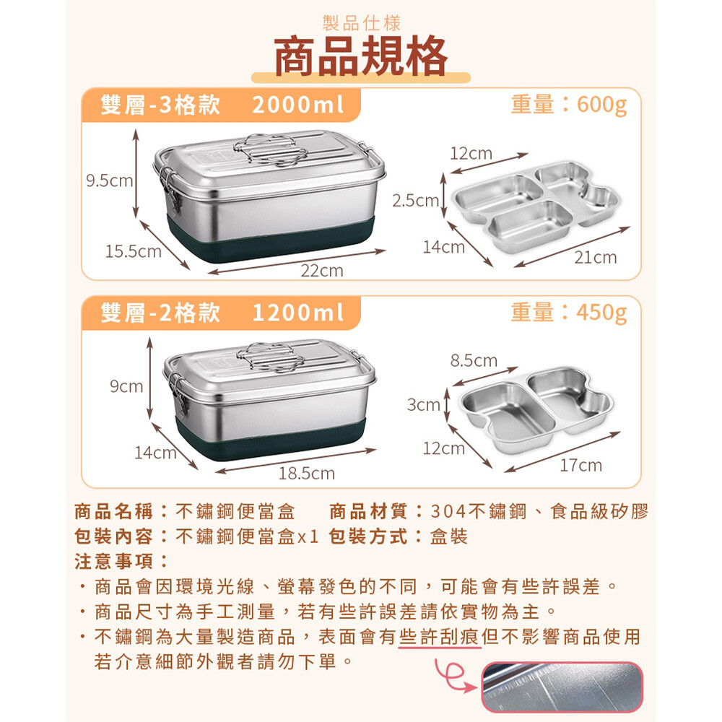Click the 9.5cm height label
point(110,180)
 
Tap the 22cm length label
point(322,270)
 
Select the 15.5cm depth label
point(134,251)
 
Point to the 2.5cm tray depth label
point(415,200)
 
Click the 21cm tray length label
point(596,258)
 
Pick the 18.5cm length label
point(307,474)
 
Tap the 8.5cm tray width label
point(474,360)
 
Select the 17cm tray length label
point(581,465)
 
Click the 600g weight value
point(602,105)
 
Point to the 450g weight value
point(602,313)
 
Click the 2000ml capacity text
point(298,105)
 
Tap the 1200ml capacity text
point(298,313)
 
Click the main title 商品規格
point(361,56)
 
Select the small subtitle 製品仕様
point(362,23)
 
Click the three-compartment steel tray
point(536,206)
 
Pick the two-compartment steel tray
point(537,409)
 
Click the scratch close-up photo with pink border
point(562,687)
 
